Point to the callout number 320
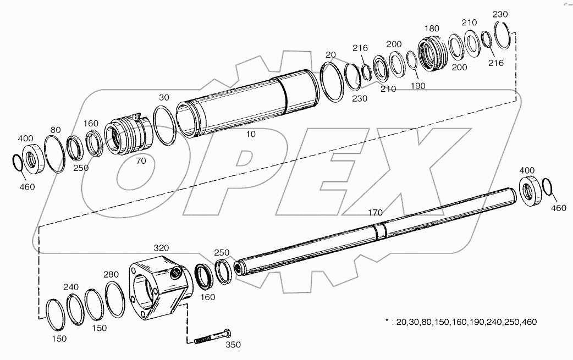161,248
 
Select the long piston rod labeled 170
374,231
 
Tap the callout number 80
56,130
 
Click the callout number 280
111,274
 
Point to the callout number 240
71,286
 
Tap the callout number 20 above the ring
330,54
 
